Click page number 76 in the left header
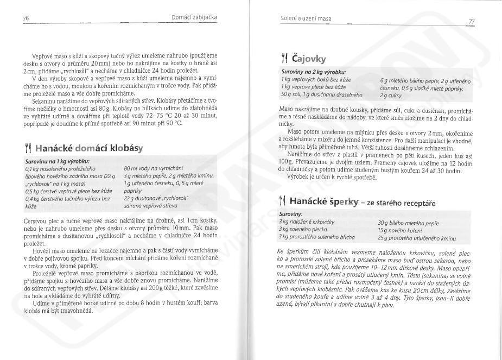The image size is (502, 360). [x=26, y=18]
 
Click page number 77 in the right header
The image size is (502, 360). [x=472, y=21]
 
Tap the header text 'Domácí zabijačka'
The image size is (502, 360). [x=194, y=17]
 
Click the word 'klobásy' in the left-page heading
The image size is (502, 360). [x=126, y=148]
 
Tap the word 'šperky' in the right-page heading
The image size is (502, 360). [x=341, y=202]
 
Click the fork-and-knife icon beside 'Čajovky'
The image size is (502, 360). [x=283, y=58]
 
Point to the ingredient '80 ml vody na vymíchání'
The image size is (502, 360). [x=154, y=169]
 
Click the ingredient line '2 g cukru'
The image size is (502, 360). [x=391, y=96]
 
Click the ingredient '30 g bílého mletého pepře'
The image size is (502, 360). [x=408, y=223]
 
